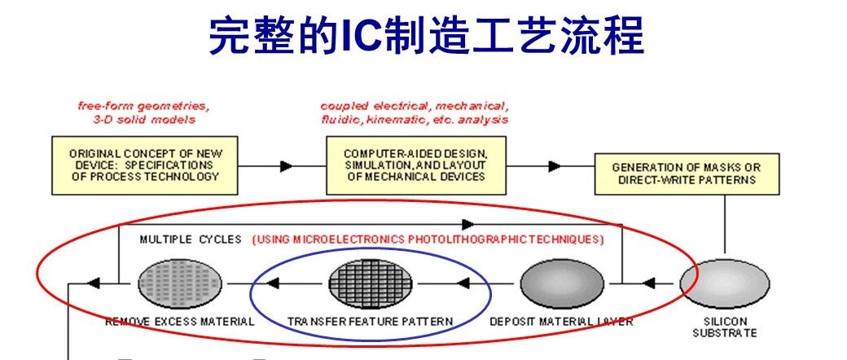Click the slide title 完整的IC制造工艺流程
click(426, 36)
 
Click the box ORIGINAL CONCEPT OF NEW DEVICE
click(145, 165)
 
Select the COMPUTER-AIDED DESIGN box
click(416, 165)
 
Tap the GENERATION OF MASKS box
click(687, 174)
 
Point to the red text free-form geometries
click(143, 106)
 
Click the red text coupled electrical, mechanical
click(415, 106)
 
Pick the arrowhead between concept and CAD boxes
click(287, 166)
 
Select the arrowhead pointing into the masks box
click(555, 166)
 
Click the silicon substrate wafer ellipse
click(724, 283)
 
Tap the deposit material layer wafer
click(562, 283)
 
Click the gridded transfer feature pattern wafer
click(371, 283)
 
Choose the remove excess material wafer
click(180, 283)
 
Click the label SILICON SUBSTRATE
click(725, 327)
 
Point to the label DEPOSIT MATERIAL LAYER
click(561, 322)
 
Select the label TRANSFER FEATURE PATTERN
click(370, 322)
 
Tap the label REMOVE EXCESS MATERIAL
click(180, 322)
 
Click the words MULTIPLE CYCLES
click(191, 239)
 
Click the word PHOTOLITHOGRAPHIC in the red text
click(466, 239)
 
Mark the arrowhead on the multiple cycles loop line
click(468, 224)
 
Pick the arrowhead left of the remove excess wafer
click(94, 283)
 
